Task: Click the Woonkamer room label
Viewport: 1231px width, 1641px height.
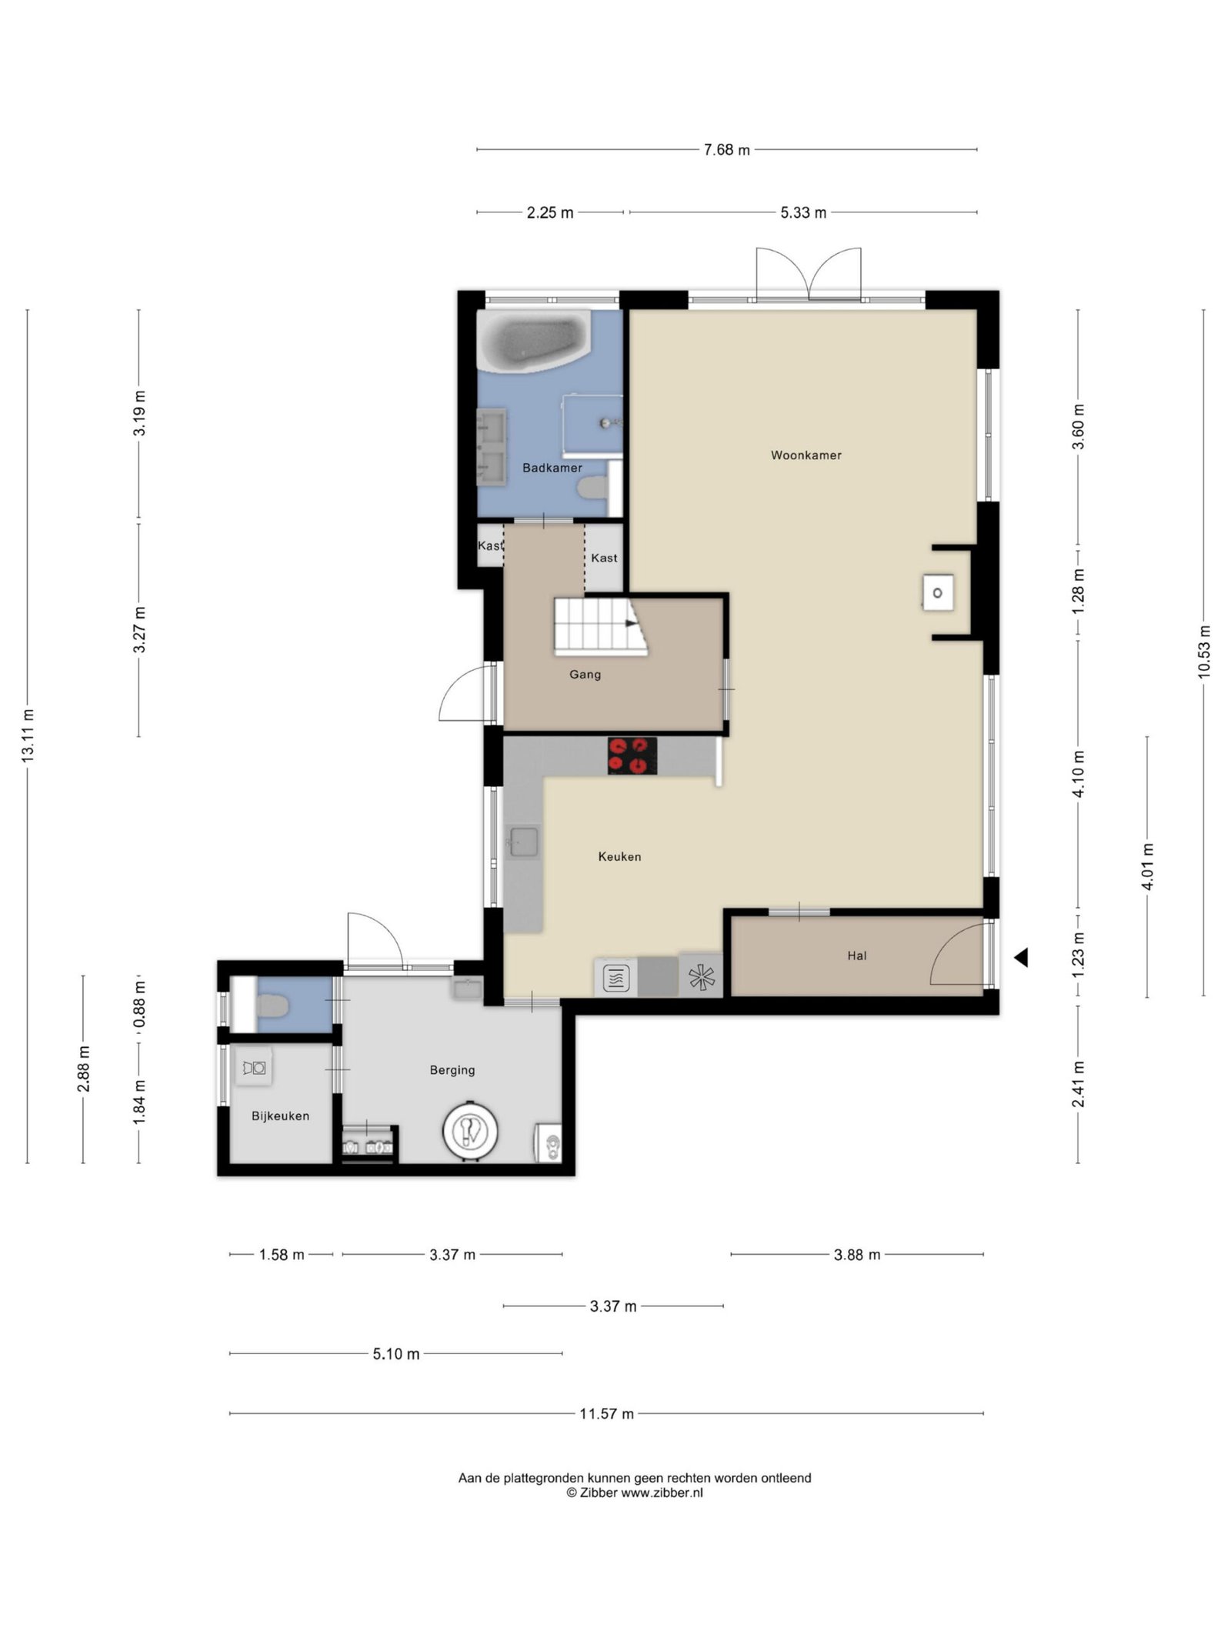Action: pos(806,455)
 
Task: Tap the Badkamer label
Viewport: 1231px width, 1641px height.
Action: pos(552,468)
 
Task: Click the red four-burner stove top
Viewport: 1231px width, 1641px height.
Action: pos(632,755)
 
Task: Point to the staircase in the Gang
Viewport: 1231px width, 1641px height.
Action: pos(599,626)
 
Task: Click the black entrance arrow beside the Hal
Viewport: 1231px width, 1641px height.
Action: pos(1021,958)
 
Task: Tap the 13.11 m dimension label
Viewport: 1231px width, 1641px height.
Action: pos(28,735)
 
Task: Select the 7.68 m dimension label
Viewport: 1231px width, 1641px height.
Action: pos(726,150)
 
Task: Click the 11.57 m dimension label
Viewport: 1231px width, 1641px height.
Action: pos(606,1413)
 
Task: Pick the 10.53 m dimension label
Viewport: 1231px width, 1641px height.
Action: pos(1204,652)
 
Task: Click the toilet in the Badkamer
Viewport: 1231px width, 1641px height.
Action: pos(592,487)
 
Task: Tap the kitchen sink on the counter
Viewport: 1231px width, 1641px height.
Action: pos(523,842)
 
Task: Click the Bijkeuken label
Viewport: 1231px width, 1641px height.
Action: pos(280,1116)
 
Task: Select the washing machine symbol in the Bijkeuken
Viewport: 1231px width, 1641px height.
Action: pos(254,1068)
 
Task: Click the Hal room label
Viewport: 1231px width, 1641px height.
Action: pos(856,956)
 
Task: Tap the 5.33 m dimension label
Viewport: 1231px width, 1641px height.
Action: pos(803,213)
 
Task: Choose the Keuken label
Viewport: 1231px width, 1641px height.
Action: pos(619,856)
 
